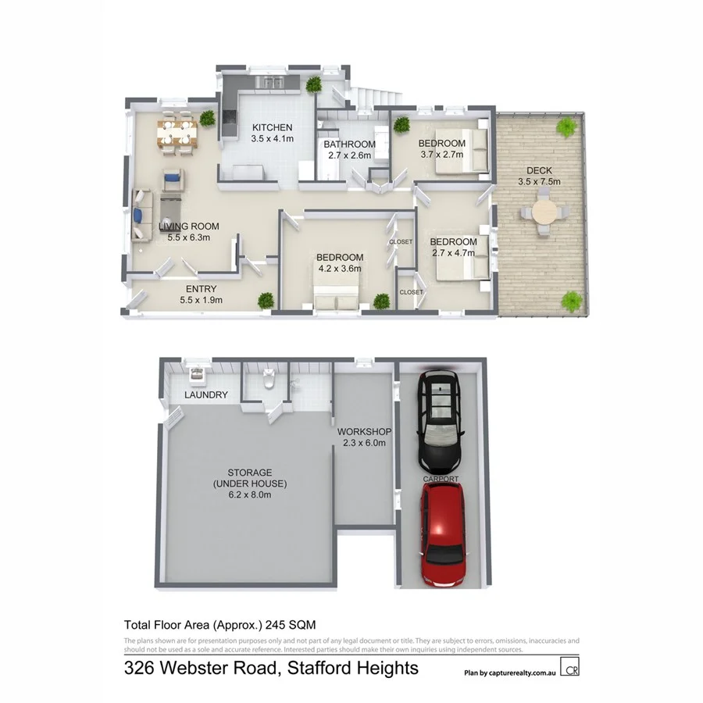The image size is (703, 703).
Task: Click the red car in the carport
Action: coord(443,535)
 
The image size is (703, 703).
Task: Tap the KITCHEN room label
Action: coord(272,127)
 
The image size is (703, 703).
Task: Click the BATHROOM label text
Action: coord(349,145)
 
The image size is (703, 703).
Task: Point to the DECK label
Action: coord(539,170)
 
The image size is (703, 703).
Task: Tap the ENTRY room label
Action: coord(201,289)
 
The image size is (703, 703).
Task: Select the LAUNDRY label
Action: coord(206,395)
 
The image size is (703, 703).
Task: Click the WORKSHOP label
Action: coord(364,432)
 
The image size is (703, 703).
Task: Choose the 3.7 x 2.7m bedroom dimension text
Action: coord(441,154)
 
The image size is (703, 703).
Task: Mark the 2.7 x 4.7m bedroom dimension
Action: coord(454,253)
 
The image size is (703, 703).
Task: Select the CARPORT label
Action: coord(441,479)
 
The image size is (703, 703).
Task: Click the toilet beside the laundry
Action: coord(267,378)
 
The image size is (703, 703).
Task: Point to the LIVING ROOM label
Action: coord(188,227)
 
